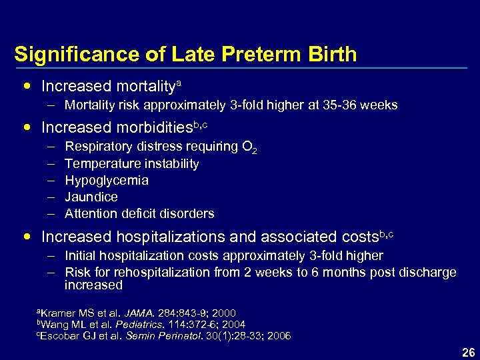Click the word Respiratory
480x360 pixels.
pyautogui.click(x=98, y=146)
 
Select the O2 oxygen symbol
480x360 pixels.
pyautogui.click(x=250, y=147)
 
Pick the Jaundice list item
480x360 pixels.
pyautogui.click(x=91, y=197)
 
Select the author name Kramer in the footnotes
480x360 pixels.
pyautogui.click(x=56, y=313)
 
